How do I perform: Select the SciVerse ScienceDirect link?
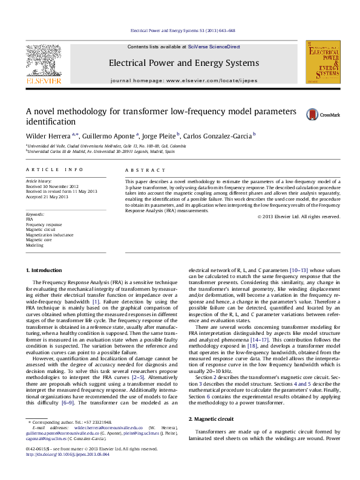[214, 47]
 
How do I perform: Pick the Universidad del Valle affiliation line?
[115, 146]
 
